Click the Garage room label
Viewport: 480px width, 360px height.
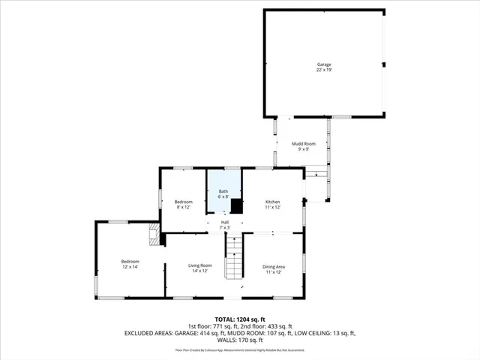click(x=323, y=64)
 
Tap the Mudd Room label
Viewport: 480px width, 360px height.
click(x=304, y=142)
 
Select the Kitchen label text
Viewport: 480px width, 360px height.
click(x=273, y=202)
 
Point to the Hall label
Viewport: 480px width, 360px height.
click(x=223, y=222)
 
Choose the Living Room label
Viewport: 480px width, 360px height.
click(x=199, y=265)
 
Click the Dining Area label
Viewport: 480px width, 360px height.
click(x=273, y=267)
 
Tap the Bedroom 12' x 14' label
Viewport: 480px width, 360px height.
click(x=130, y=262)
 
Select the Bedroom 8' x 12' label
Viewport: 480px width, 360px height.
click(x=184, y=202)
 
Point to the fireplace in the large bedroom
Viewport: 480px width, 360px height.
click(x=154, y=234)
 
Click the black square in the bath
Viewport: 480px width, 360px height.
click(x=237, y=206)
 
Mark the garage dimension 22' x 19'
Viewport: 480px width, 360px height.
click(x=323, y=70)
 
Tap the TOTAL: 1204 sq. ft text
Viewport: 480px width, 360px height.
click(x=239, y=319)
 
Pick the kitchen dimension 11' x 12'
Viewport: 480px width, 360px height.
click(x=273, y=207)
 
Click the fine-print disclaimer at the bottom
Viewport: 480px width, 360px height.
click(x=239, y=349)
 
